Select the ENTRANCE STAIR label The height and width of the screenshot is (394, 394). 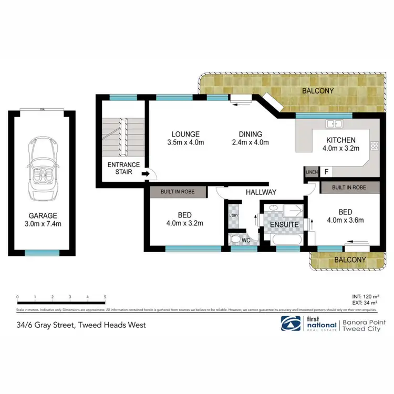[x=123, y=169]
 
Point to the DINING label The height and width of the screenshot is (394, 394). [x=250, y=134]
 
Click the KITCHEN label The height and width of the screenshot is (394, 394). [x=341, y=140]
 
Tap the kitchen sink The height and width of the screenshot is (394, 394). [x=334, y=124]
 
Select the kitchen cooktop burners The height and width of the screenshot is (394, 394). [x=375, y=147]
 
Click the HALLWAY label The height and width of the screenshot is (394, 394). [x=261, y=192]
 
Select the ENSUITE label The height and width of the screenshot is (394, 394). [x=284, y=224]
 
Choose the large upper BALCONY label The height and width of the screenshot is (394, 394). [x=318, y=91]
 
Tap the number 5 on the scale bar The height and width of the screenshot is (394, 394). [x=106, y=297]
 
